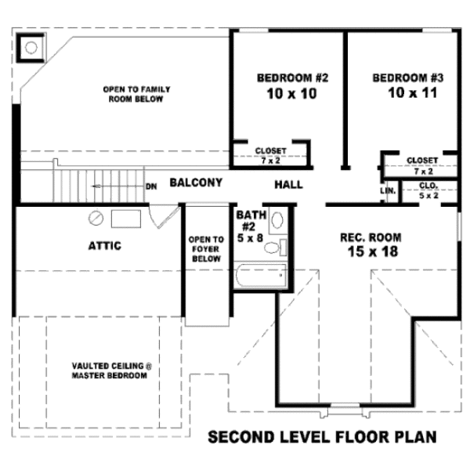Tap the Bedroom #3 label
coord(408,78)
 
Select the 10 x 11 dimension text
coord(408,93)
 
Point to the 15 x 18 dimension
coord(371,251)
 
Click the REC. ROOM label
coord(371,237)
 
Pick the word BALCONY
coord(196,183)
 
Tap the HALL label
coord(288,185)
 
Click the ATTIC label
coord(104,246)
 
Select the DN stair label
coord(151,186)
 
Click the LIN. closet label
coord(388,190)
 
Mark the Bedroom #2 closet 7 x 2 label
coord(270,154)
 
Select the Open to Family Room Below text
coord(136,94)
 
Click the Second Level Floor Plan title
coord(322,436)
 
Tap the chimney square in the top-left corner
coord(31,47)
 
